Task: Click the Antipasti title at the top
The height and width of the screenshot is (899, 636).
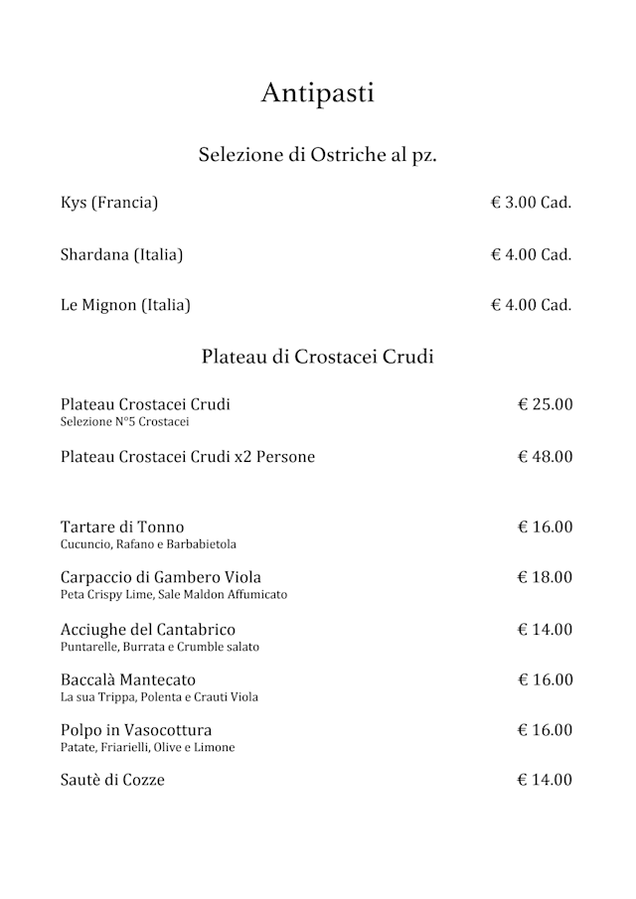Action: [x=318, y=93]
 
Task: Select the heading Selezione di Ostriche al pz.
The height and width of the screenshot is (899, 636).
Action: [x=318, y=155]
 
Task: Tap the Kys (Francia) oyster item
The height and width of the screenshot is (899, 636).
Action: [x=109, y=203]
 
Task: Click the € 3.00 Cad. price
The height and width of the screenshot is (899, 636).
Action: [x=532, y=203]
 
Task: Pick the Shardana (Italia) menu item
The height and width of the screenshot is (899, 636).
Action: [x=121, y=254]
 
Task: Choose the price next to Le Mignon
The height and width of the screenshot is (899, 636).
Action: [x=532, y=305]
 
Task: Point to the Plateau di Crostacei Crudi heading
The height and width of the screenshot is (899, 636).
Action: [x=318, y=357]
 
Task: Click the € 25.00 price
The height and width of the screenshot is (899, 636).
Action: [x=545, y=404]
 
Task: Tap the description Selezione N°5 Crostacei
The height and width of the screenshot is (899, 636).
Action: [x=124, y=422]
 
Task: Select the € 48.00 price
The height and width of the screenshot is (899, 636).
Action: [x=545, y=457]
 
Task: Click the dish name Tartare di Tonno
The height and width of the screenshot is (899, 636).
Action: [x=122, y=526]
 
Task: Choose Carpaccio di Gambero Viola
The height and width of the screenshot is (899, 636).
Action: [x=161, y=577]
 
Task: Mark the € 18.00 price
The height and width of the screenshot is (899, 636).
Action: [x=545, y=577]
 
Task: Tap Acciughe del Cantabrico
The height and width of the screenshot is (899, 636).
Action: [x=148, y=629]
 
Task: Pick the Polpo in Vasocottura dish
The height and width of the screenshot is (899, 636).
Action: [x=136, y=730]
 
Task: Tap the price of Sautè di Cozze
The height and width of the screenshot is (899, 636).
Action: [x=545, y=780]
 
